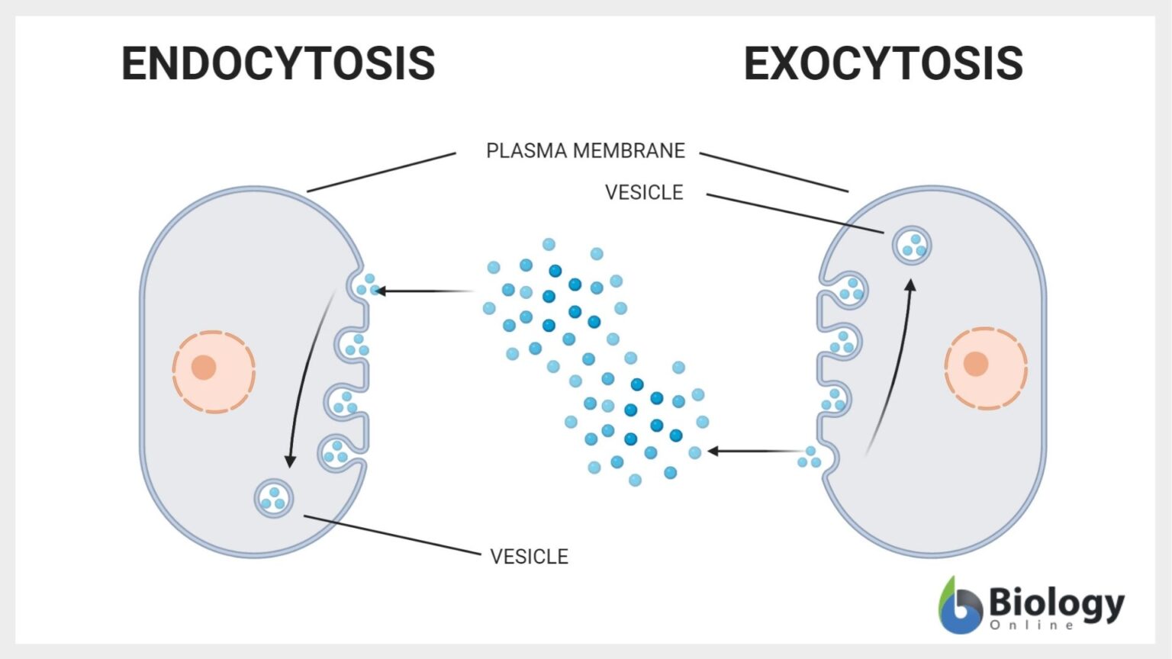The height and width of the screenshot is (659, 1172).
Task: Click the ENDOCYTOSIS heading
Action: pos(279,63)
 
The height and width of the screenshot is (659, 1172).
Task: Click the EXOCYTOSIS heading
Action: pos(883,63)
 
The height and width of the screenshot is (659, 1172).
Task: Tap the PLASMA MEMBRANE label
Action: pos(585,151)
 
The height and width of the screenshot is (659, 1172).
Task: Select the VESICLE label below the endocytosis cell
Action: pos(529,557)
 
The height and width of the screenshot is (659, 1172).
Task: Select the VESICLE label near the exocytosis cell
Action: pos(643,193)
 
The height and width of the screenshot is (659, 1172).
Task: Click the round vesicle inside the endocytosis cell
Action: pos(274,498)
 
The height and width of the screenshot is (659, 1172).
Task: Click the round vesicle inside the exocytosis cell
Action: pos(912,245)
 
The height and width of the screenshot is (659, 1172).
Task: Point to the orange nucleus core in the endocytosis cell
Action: pos(204,367)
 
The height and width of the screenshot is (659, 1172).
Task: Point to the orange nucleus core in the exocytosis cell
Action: pos(976,364)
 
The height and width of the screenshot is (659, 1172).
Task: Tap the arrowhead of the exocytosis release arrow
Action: pos(713,452)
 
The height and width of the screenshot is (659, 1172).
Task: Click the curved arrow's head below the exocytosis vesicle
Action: pos(910,285)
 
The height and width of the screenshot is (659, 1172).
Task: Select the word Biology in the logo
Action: pos(1056,603)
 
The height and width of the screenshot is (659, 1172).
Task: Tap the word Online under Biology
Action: pos(1032,625)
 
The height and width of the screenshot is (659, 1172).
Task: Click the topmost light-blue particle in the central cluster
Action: pos(549,244)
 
